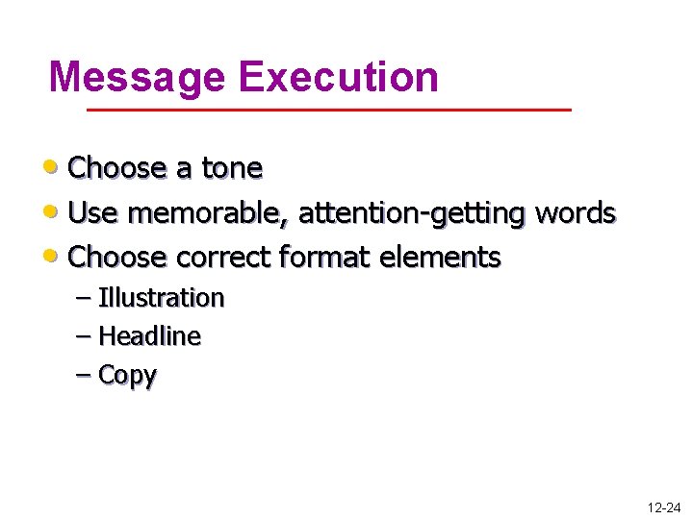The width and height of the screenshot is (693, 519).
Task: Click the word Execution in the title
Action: pyautogui.click(x=339, y=77)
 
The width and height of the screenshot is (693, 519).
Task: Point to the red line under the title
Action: pyautogui.click(x=329, y=111)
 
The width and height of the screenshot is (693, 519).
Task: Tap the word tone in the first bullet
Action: pyautogui.click(x=232, y=168)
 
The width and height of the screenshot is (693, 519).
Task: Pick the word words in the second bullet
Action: pyautogui.click(x=575, y=212)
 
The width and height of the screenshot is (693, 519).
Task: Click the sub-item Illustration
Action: pyautogui.click(x=161, y=298)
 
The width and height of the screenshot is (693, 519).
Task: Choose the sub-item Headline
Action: pyautogui.click(x=149, y=336)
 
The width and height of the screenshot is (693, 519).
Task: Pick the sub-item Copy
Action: pyautogui.click(x=127, y=376)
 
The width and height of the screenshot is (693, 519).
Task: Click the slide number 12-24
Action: pyautogui.click(x=663, y=506)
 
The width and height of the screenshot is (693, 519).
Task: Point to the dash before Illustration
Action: pyautogui.click(x=83, y=298)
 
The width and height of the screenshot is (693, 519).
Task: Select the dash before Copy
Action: pyautogui.click(x=83, y=375)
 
